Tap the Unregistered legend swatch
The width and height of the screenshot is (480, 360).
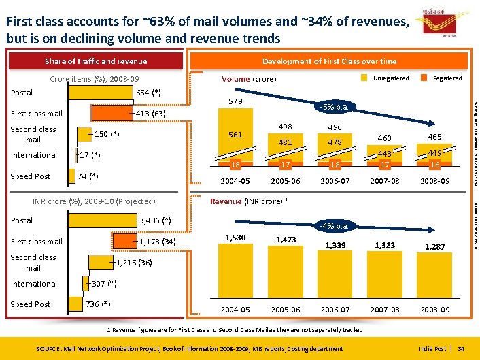pos(365,78)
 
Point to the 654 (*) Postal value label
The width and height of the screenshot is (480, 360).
pos(149,92)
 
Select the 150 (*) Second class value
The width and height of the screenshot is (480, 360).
pos(109,133)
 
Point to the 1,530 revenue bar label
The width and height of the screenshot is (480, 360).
pos(235,236)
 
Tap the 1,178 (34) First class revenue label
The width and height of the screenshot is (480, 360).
pos(157,241)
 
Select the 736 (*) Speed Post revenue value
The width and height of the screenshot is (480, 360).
pos(99,304)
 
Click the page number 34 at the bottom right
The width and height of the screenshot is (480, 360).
pos(461,349)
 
